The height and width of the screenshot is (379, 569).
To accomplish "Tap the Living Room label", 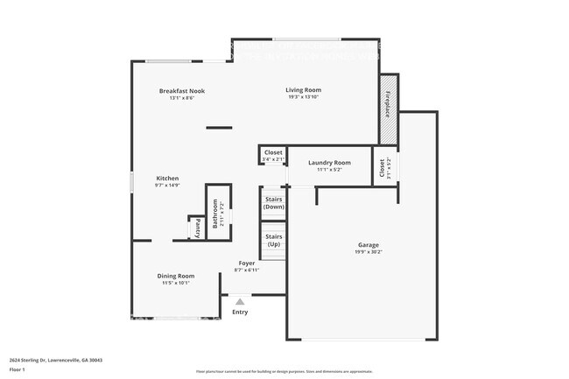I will [304, 89].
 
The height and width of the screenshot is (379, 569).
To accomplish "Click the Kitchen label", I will [167, 178].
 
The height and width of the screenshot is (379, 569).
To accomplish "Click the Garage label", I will [368, 245].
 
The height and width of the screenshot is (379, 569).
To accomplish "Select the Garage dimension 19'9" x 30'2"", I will [368, 252].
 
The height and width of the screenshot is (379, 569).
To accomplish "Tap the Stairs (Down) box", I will [273, 203].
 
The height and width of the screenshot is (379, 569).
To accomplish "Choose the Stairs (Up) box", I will [273, 240].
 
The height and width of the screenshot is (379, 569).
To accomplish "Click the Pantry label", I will [198, 228].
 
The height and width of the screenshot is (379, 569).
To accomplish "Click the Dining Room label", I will [175, 276].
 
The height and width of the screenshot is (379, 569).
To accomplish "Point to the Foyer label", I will [247, 263].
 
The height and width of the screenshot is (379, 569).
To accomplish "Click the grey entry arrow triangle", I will [240, 300].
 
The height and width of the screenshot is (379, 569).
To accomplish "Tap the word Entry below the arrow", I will [240, 312].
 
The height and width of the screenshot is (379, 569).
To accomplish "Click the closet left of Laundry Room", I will [271, 156].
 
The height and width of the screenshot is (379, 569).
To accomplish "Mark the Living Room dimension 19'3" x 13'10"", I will [304, 96].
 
